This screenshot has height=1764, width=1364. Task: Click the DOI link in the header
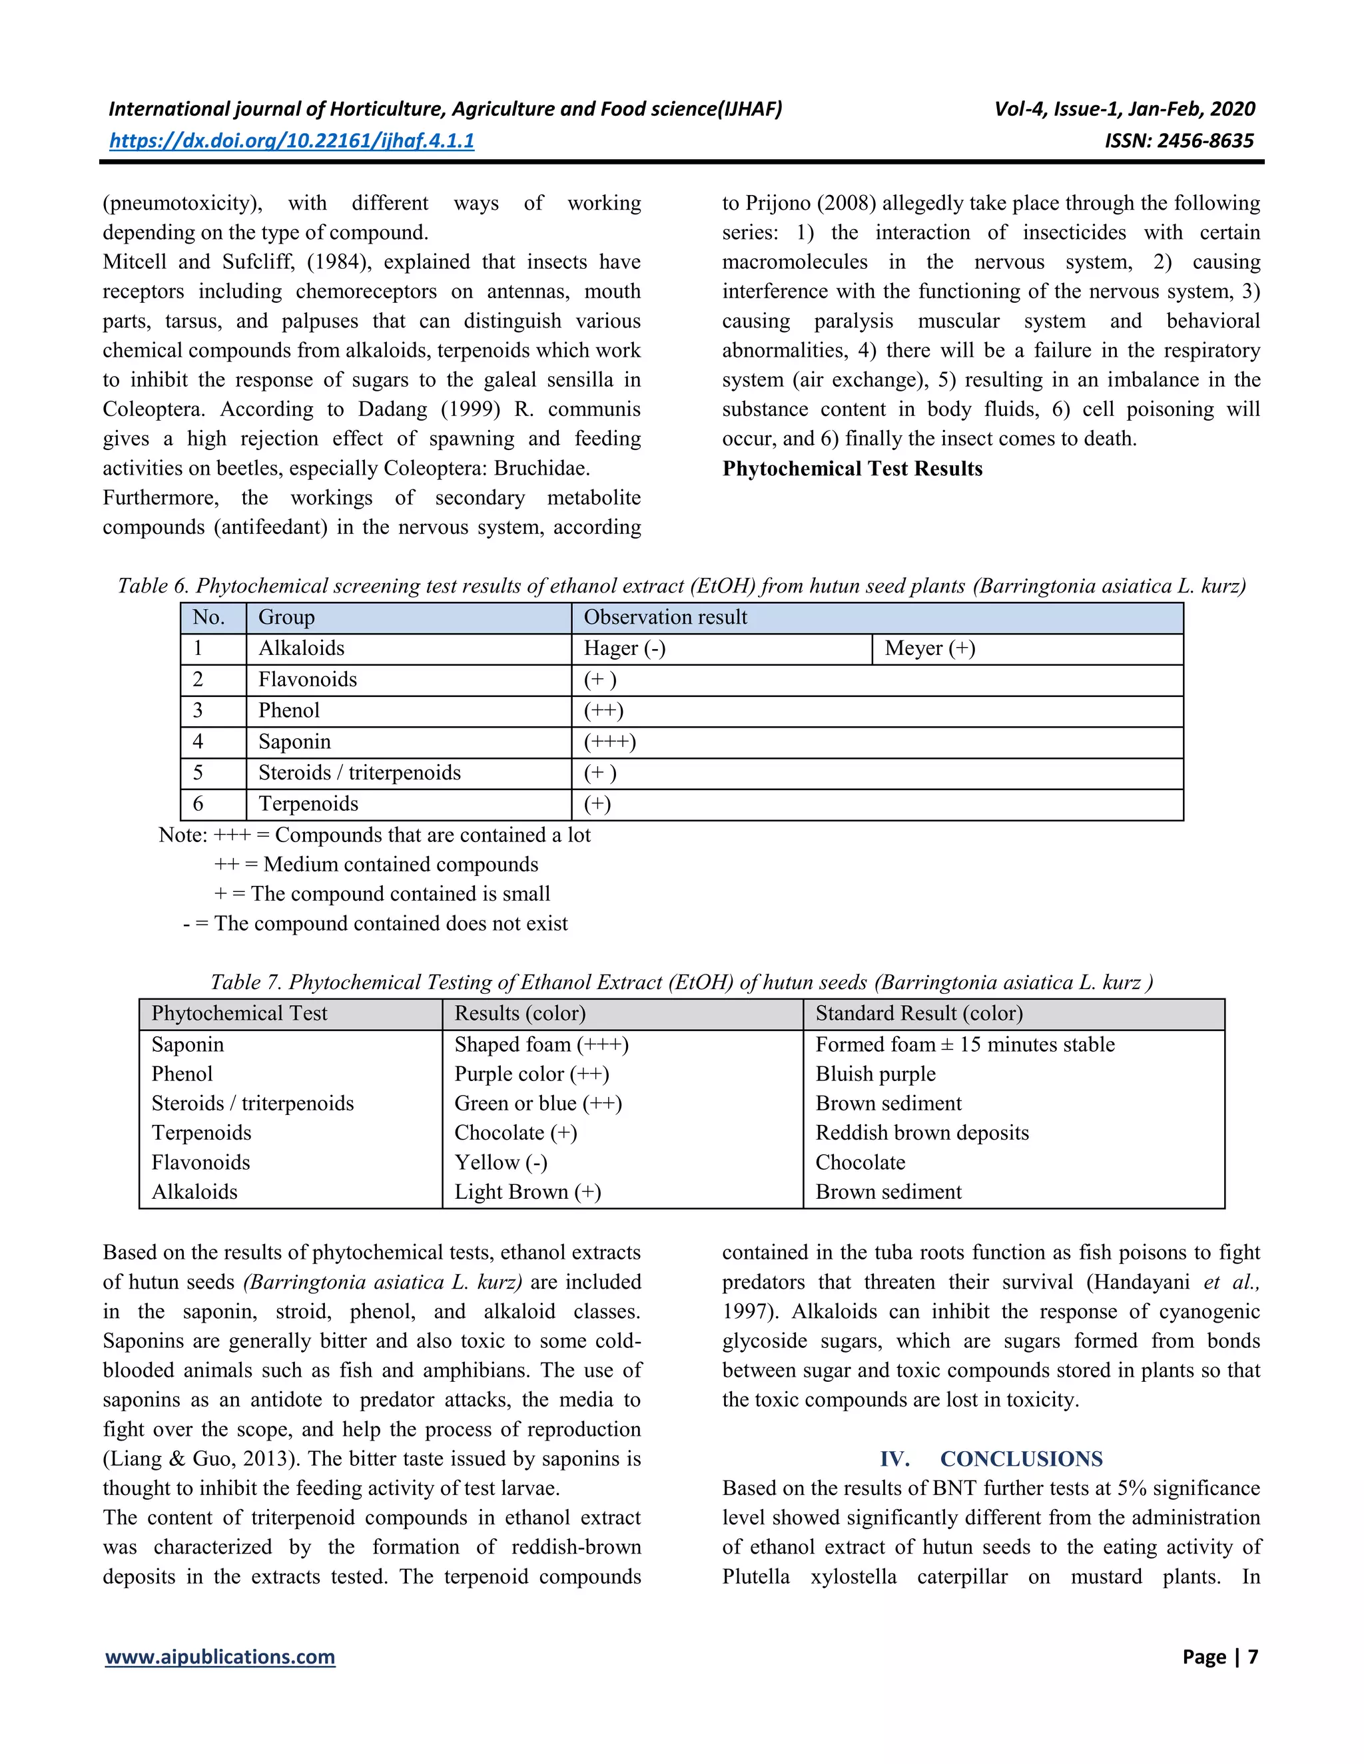[292, 140]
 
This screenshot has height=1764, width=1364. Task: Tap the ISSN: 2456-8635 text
[1179, 140]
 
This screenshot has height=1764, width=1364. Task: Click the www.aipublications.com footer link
[220, 1657]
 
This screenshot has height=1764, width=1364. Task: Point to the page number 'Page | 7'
[1220, 1657]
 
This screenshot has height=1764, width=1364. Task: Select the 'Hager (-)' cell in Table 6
[625, 648]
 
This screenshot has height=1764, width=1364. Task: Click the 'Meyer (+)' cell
[930, 648]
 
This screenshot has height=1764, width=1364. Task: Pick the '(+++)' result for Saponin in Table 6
[610, 742]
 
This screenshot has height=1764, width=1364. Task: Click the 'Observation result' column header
[665, 618]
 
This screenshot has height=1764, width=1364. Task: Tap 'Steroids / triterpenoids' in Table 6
[360, 773]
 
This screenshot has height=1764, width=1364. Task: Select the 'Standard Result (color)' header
[918, 1014]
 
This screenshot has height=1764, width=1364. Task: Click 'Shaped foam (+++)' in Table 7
[541, 1044]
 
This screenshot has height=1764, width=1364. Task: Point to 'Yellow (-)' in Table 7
[501, 1162]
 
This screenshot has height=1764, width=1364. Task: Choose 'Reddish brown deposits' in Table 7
[922, 1133]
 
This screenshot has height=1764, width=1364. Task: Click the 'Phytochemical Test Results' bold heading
[852, 469]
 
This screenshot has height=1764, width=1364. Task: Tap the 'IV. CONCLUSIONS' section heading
[992, 1458]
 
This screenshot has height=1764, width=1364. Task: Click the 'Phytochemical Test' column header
[239, 1014]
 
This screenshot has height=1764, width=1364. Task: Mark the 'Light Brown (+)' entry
[527, 1192]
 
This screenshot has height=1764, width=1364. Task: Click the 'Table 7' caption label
[246, 982]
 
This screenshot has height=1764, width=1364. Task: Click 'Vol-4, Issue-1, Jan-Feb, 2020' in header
[1125, 109]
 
